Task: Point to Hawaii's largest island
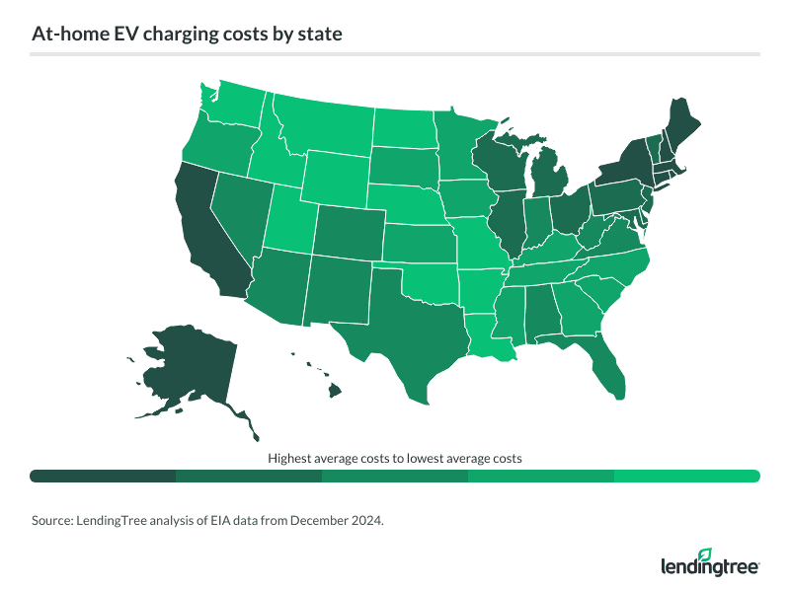335,391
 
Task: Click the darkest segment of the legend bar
103,477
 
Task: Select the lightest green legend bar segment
686,477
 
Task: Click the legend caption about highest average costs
394,458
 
